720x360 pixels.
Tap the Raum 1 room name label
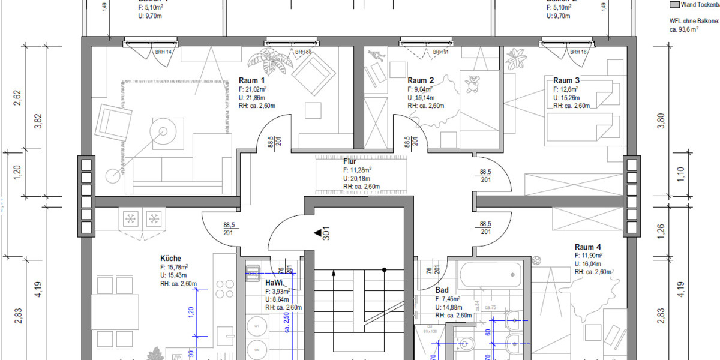tap(251, 81)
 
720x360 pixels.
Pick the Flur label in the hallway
tap(350, 161)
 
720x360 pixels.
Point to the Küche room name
tap(170, 259)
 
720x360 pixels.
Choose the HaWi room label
tap(274, 283)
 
